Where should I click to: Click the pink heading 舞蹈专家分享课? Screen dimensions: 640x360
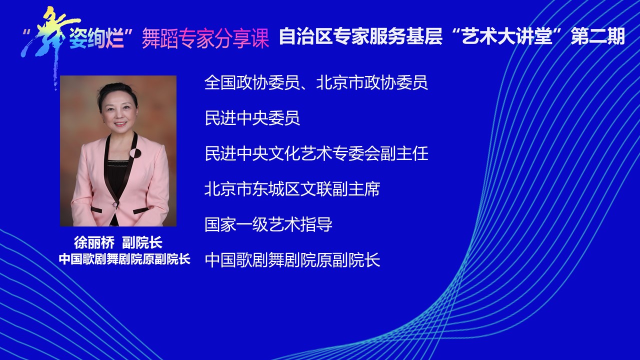point(205,38)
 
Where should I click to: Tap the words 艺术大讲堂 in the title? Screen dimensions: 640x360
point(506,36)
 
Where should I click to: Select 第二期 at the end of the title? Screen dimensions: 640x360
point(597,36)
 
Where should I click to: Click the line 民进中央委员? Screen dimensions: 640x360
point(252,118)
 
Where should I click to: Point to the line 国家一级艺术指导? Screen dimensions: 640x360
point(268,224)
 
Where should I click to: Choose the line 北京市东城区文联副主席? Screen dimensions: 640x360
point(292,189)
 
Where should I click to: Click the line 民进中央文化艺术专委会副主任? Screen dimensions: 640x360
point(316,153)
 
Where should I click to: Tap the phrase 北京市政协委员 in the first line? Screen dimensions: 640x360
point(372,82)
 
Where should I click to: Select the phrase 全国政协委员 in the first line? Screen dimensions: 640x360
point(252,82)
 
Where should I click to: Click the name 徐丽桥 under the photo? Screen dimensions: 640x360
point(94,243)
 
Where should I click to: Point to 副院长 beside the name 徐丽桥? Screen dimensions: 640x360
point(142,243)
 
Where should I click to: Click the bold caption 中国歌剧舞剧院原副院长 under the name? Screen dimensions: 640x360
point(124,259)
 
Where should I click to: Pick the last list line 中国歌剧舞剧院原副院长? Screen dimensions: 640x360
point(292,259)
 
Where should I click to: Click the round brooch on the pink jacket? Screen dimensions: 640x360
point(135,153)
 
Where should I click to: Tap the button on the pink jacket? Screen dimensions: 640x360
point(115,204)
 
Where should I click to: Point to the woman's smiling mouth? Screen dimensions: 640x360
point(120,124)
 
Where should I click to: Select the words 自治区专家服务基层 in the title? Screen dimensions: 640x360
point(360,36)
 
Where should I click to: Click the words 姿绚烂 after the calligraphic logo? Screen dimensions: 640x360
point(96,38)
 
